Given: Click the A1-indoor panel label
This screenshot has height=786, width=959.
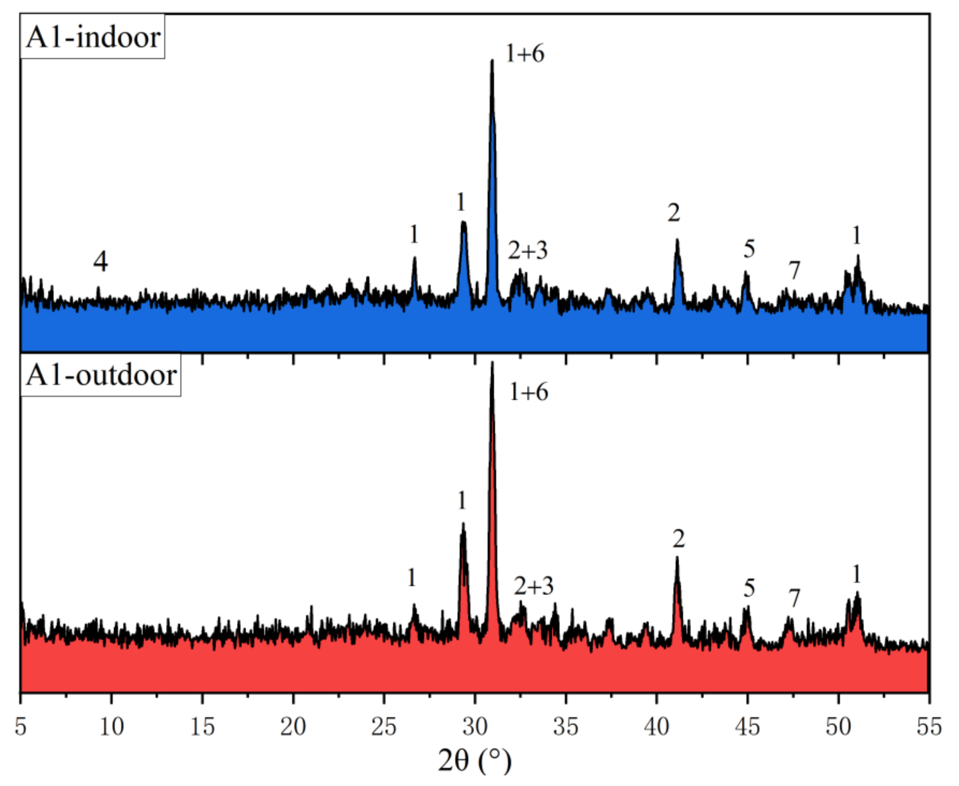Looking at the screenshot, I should (93, 37).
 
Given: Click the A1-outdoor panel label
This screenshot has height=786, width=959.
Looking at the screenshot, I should (101, 375).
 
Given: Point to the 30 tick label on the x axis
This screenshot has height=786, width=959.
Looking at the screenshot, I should (475, 727).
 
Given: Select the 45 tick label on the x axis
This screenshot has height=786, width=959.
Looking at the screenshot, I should (747, 727).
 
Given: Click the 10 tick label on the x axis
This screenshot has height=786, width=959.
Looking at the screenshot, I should (111, 727).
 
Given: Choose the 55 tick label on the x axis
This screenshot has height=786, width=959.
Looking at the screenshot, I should (929, 727).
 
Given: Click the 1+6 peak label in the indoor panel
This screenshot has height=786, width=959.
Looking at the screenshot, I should (525, 53).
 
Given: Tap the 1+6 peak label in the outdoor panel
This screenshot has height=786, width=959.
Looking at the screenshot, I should (528, 392).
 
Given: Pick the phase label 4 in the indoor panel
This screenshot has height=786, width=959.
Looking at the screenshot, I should (101, 262).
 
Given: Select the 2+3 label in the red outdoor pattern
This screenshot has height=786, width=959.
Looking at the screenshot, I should (533, 586).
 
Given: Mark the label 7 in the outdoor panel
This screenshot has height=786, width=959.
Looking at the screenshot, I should (794, 598).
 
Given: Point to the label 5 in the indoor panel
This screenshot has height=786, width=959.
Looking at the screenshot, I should (749, 249).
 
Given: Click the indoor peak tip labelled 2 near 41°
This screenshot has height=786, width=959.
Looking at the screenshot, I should (677, 240).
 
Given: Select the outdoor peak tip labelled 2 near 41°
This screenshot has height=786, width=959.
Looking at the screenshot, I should (677, 558).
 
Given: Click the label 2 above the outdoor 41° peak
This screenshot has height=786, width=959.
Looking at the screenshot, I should (678, 539).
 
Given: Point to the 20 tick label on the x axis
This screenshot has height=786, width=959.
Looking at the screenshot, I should (293, 727).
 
